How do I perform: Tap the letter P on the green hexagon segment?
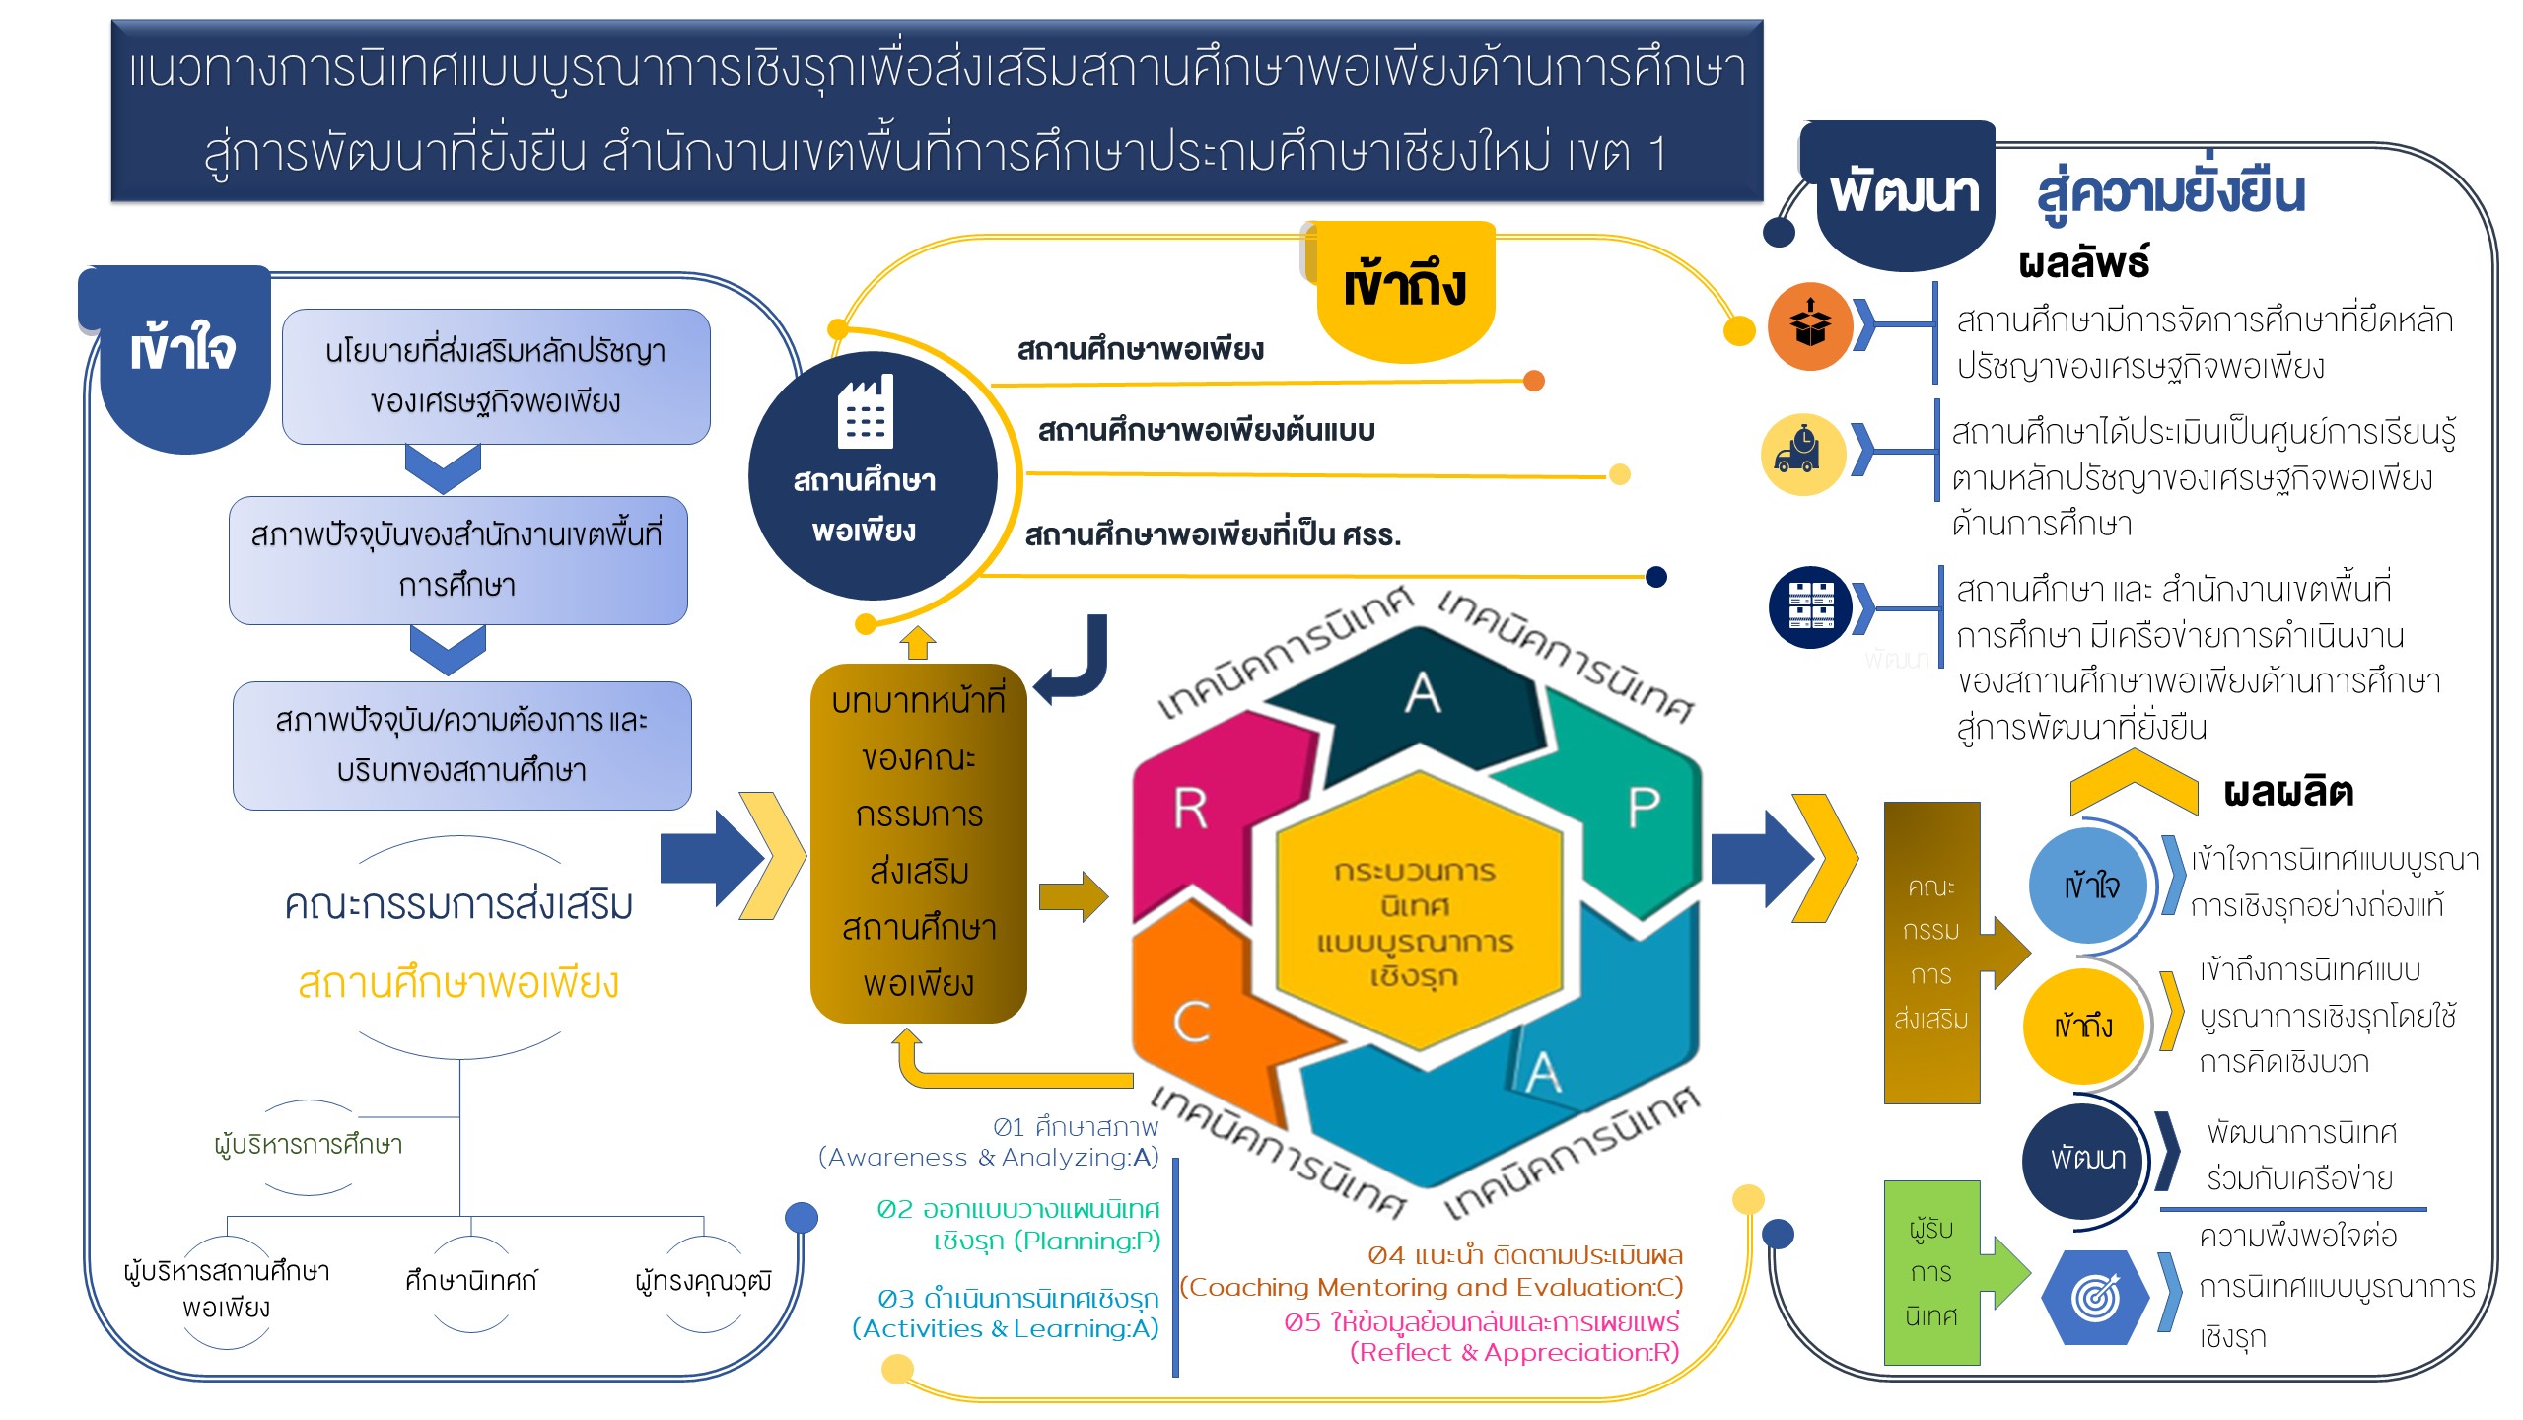(1643, 809)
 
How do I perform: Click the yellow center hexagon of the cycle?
(1417, 922)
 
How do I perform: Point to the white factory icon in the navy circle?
(865, 412)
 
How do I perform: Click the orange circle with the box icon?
(1809, 325)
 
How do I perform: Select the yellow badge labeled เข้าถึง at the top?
(1405, 286)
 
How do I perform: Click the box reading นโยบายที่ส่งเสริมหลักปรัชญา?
(496, 376)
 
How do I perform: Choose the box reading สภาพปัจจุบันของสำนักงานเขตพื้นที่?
(457, 559)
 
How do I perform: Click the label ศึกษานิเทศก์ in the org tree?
(470, 1281)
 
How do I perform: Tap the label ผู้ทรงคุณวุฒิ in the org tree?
(703, 1281)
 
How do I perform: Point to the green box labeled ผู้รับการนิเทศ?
(1930, 1272)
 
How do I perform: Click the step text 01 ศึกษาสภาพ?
(1075, 1127)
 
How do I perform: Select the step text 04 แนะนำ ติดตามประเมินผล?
(1524, 1255)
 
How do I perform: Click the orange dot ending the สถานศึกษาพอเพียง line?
(1533, 381)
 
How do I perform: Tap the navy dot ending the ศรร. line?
(1656, 577)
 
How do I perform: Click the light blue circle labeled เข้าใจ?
(2090, 886)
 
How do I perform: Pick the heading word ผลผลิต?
(2287, 792)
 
